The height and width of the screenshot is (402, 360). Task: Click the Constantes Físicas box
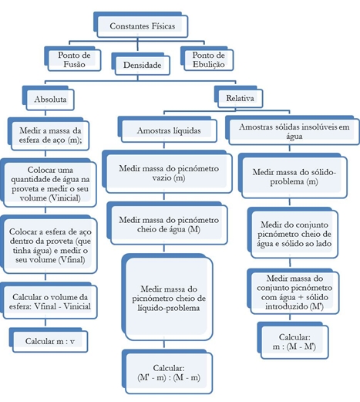pos(143,26)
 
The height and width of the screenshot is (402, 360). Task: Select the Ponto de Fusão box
pos(74,60)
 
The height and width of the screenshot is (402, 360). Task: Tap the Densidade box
pos(143,65)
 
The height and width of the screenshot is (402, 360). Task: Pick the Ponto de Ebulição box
pos(208,60)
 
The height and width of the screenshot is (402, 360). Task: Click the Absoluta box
pos(50,100)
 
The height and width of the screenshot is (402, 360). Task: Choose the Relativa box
pos(240,98)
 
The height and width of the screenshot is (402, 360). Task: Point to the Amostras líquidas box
pos(169,130)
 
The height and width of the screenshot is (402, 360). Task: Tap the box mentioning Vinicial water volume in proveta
pos(50,184)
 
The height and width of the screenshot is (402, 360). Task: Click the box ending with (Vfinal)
pos(50,246)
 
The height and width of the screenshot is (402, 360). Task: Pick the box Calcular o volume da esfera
pos(50,302)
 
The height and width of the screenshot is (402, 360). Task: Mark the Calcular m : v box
pos(50,342)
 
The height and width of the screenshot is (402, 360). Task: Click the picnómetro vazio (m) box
pos(169,174)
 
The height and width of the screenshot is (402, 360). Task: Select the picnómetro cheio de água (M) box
pos(169,225)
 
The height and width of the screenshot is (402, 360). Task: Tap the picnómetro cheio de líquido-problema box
pos(169,299)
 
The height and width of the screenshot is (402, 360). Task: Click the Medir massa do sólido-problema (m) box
pos(294,177)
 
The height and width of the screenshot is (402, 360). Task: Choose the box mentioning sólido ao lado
pos(294,235)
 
